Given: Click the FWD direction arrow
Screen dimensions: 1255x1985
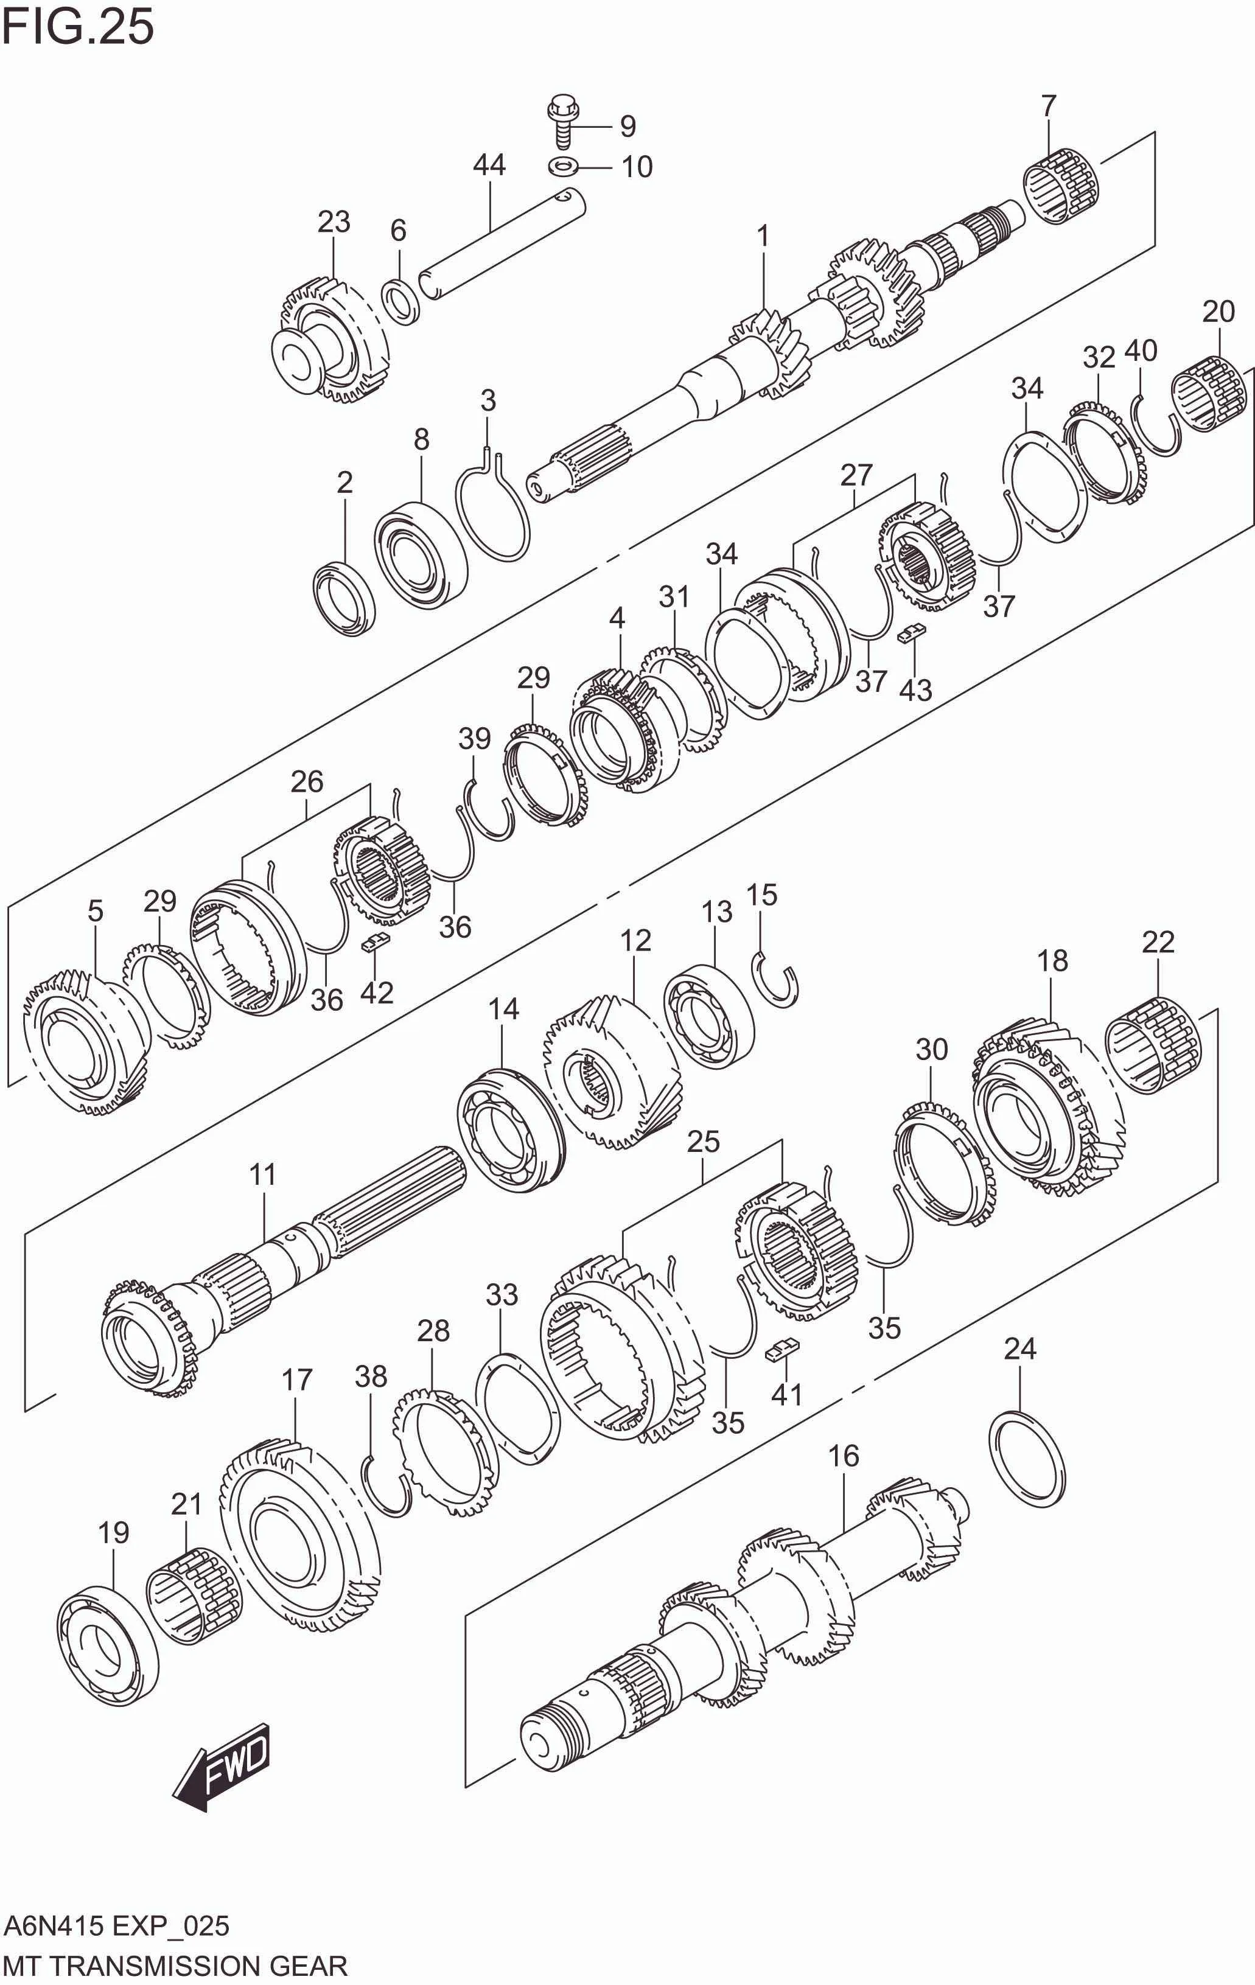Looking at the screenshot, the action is (221, 1765).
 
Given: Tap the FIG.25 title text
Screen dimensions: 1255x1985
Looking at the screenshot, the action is (79, 27).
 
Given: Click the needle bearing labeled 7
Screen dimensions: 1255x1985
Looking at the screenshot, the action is (1062, 186).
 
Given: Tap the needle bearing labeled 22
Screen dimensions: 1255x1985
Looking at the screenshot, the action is (1153, 1045).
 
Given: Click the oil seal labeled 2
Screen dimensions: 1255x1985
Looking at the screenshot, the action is (343, 597).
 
